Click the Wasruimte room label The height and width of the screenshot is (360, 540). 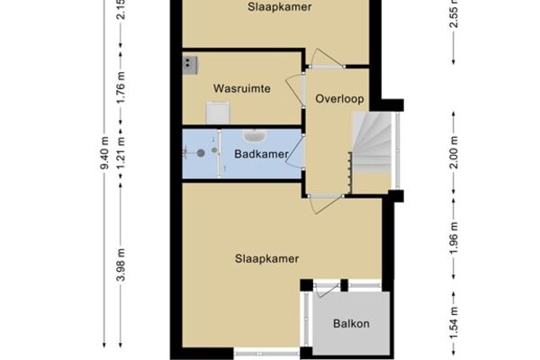tap(242, 88)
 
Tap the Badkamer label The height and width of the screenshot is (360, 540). tap(261, 154)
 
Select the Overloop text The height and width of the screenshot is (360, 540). tap(339, 99)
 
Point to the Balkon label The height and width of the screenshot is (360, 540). tap(351, 323)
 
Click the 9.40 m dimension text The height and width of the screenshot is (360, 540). tap(104, 153)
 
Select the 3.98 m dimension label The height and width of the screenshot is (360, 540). tap(121, 265)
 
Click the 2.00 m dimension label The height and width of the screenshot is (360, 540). tap(454, 152)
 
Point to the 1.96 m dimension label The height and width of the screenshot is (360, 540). tap(454, 238)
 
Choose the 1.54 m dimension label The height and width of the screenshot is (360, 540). tap(454, 323)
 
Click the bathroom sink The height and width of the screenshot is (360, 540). tap(255, 136)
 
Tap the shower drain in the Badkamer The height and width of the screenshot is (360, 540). tap(201, 153)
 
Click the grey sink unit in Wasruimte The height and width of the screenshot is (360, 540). tap(190, 65)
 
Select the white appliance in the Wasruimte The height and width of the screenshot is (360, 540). tap(218, 112)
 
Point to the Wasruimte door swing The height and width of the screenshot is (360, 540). tap(294, 90)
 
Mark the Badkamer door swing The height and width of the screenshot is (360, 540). tap(295, 152)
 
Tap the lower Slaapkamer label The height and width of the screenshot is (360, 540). tap(266, 258)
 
